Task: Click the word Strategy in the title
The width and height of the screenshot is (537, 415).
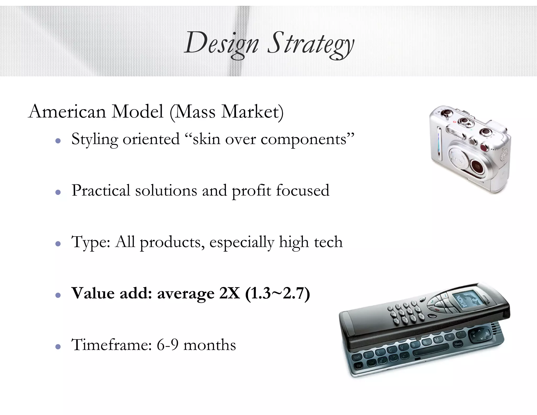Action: tap(310, 43)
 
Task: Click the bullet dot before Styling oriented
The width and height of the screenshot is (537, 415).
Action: tap(58, 141)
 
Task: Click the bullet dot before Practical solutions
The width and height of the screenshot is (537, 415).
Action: tap(58, 192)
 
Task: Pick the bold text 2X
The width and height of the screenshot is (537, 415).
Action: tap(229, 293)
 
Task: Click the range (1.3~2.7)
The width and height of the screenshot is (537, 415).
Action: tap(277, 293)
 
